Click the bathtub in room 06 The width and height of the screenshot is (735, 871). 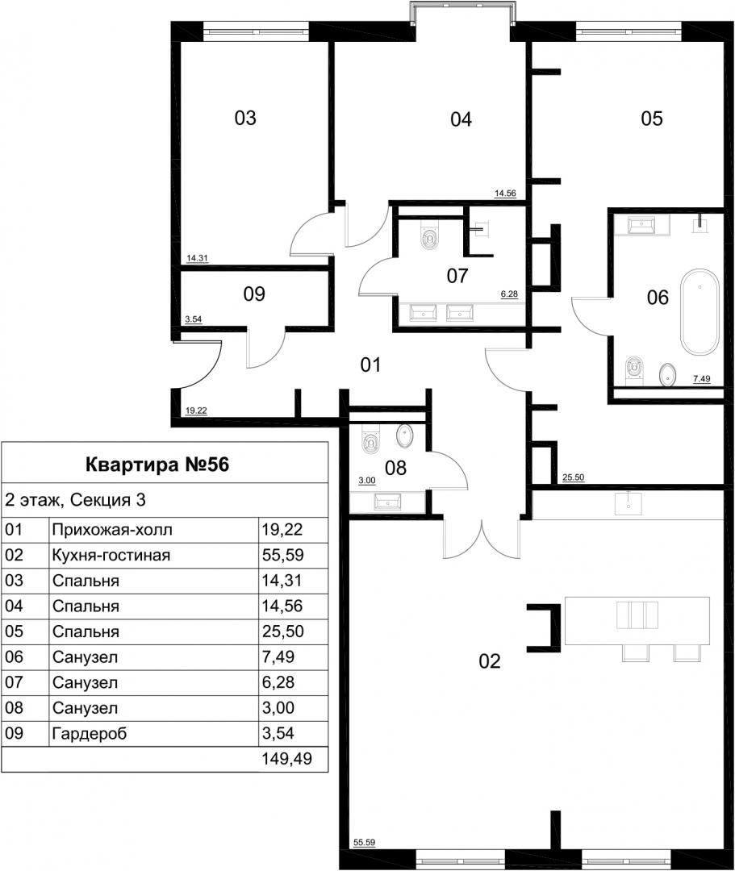pyautogui.click(x=700, y=311)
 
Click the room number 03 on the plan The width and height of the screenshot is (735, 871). pyautogui.click(x=245, y=118)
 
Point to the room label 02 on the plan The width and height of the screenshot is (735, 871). pyautogui.click(x=490, y=661)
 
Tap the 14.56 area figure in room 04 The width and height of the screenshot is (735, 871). pyautogui.click(x=506, y=194)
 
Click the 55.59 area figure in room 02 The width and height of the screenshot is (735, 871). pyautogui.click(x=365, y=843)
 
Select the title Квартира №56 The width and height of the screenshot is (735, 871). pyautogui.click(x=157, y=465)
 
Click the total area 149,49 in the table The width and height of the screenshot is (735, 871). pyautogui.click(x=286, y=759)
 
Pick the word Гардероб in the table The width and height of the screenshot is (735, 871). pyautogui.click(x=90, y=734)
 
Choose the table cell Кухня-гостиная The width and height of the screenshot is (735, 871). pyautogui.click(x=111, y=555)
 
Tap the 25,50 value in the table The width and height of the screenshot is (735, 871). pyautogui.click(x=282, y=631)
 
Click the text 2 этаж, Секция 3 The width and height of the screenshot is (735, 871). pyautogui.click(x=75, y=500)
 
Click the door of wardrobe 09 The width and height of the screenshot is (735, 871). pyautogui.click(x=266, y=348)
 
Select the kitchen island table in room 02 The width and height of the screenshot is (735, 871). pyautogui.click(x=637, y=621)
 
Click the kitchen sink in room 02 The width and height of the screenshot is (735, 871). pyautogui.click(x=629, y=505)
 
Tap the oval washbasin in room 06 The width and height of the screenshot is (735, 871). pyautogui.click(x=667, y=375)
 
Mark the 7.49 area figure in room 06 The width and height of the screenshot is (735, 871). pyautogui.click(x=702, y=379)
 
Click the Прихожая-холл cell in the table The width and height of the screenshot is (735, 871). pyautogui.click(x=112, y=530)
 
